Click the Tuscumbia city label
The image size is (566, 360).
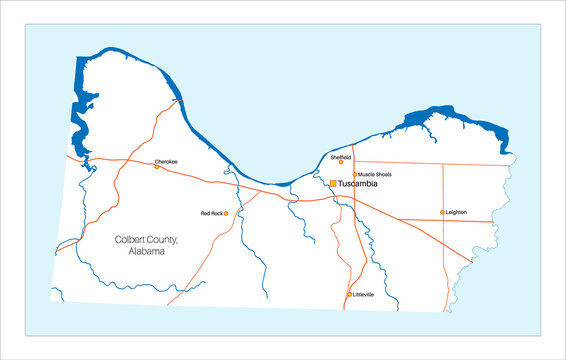click(364, 183)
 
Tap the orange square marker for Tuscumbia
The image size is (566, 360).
click(333, 183)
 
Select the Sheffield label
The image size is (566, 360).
click(341, 157)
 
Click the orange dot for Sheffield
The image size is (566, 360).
click(340, 162)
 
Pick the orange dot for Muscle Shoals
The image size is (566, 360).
click(354, 174)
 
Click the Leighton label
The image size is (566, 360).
click(457, 212)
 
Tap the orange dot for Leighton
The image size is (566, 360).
click(442, 212)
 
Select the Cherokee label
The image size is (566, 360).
click(166, 161)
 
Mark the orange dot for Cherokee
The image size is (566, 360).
click(156, 166)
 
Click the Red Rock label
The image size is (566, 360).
click(211, 213)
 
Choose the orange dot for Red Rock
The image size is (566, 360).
click(226, 213)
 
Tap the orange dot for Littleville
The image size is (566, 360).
click(349, 295)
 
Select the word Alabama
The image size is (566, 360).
click(146, 252)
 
